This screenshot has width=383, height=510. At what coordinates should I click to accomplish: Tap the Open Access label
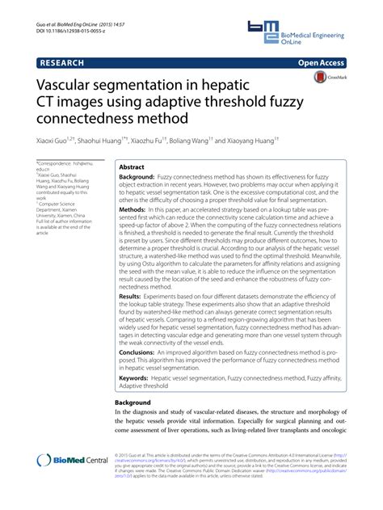tap(321, 61)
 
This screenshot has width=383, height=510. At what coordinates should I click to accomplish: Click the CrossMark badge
tap(327, 78)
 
